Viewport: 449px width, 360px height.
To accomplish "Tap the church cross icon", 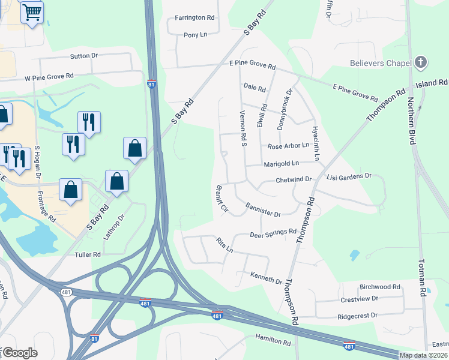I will click(x=421, y=62).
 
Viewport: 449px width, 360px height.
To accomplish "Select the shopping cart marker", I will click(x=32, y=11).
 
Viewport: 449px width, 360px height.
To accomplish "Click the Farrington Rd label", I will click(x=194, y=18).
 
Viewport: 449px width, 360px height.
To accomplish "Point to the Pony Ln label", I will click(x=195, y=35).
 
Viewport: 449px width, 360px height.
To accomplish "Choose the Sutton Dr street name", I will click(x=84, y=56).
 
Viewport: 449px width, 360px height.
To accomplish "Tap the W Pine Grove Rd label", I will click(x=49, y=77).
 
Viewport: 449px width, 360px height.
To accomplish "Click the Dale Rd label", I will click(x=255, y=88).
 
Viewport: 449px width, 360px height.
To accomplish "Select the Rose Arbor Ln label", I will click(x=288, y=146).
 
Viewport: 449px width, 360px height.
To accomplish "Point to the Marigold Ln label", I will click(x=281, y=163).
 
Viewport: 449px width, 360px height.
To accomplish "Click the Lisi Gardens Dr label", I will click(x=349, y=176).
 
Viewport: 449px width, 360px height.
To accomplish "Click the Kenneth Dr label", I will click(x=266, y=277).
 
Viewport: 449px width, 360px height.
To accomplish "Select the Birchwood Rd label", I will click(x=379, y=287).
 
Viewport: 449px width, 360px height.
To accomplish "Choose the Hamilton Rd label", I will click(x=273, y=340).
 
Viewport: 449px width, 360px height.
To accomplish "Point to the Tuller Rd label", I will click(x=88, y=255).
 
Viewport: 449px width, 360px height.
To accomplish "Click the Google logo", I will click(x=20, y=353).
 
